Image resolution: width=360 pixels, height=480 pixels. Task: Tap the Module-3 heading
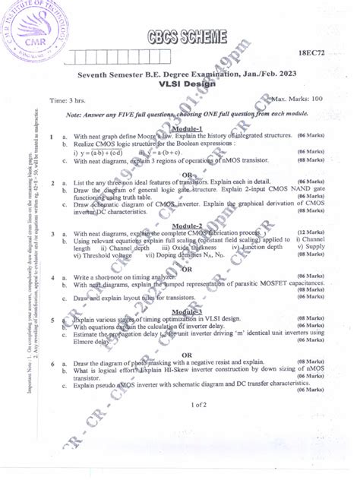[186, 312]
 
